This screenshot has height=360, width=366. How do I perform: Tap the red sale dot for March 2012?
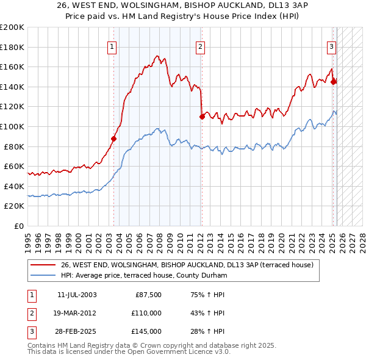[202, 117]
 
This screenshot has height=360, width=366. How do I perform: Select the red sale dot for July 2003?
[113, 139]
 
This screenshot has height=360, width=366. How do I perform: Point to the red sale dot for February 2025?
[334, 82]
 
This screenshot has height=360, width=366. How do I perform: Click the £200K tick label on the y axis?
[12, 27]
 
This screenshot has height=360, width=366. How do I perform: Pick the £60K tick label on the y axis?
[14, 166]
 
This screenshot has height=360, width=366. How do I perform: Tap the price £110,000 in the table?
[147, 313]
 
